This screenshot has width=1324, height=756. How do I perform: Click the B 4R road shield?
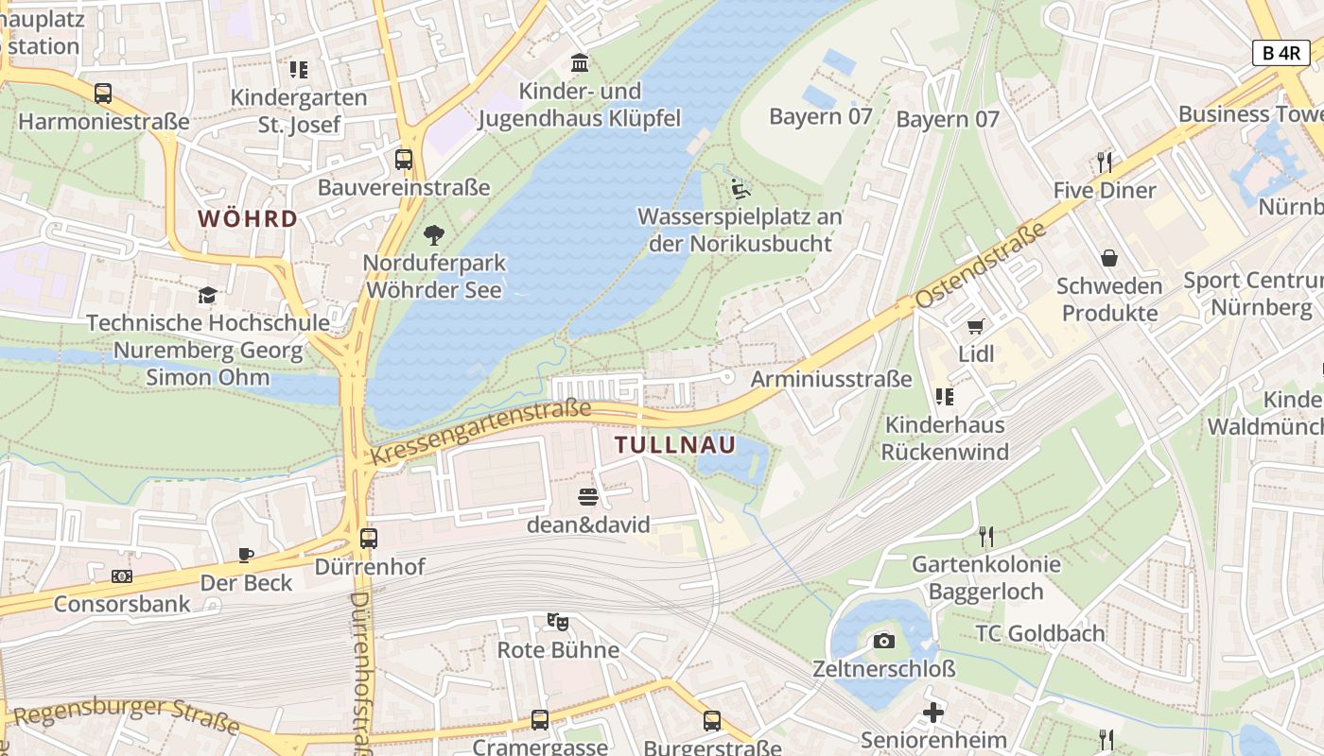(1281, 53)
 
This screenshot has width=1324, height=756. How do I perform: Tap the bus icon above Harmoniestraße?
(103, 94)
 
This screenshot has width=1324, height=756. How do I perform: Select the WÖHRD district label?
(248, 219)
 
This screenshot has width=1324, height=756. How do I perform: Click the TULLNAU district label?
(675, 445)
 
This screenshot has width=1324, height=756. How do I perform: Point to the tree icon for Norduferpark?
(434, 234)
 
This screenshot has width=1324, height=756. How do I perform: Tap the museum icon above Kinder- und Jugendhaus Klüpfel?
(579, 63)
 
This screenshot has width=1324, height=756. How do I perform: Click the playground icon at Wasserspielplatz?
(740, 189)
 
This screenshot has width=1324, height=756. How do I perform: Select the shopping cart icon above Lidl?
(976, 327)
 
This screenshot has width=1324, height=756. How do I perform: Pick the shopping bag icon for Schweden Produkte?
(1109, 258)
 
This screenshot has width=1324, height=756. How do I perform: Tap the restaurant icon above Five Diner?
(1105, 162)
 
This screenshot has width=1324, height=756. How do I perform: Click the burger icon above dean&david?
(588, 496)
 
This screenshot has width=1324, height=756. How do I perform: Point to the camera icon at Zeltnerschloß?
(884, 642)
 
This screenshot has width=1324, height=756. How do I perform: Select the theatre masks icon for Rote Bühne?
(558, 622)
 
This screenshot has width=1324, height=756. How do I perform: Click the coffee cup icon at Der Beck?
(246, 555)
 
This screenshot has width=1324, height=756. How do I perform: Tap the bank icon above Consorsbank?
(122, 576)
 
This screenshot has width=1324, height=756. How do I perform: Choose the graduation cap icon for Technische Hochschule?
(207, 295)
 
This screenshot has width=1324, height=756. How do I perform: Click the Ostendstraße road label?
(981, 266)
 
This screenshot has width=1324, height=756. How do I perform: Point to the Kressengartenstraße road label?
(480, 432)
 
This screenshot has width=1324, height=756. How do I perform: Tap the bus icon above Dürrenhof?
(369, 539)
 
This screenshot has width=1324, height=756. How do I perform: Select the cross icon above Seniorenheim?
(933, 712)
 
